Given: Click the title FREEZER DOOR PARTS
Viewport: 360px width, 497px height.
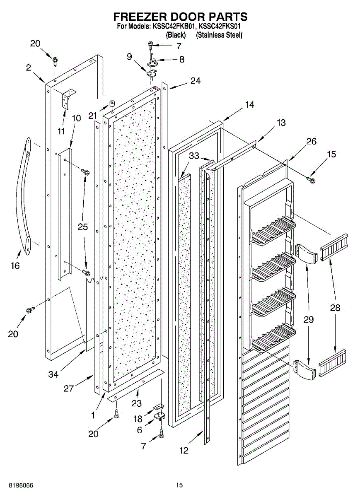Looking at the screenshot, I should (180, 17).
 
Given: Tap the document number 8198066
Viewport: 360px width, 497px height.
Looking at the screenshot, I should (17, 485).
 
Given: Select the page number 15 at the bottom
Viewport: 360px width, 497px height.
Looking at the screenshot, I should (179, 485).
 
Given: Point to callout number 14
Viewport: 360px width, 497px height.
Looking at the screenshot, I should (249, 105).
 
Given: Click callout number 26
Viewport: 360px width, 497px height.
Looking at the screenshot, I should (311, 141).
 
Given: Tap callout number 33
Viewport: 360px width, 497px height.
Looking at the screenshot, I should (194, 156).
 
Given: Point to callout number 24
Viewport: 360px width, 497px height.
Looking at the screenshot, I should (195, 81).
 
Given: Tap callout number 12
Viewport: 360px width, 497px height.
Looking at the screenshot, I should (184, 450).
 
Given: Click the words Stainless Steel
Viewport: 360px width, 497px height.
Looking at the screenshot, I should (219, 35).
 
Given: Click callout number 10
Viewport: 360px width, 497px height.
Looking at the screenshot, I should (76, 118).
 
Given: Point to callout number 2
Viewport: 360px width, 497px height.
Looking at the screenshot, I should (29, 68).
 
